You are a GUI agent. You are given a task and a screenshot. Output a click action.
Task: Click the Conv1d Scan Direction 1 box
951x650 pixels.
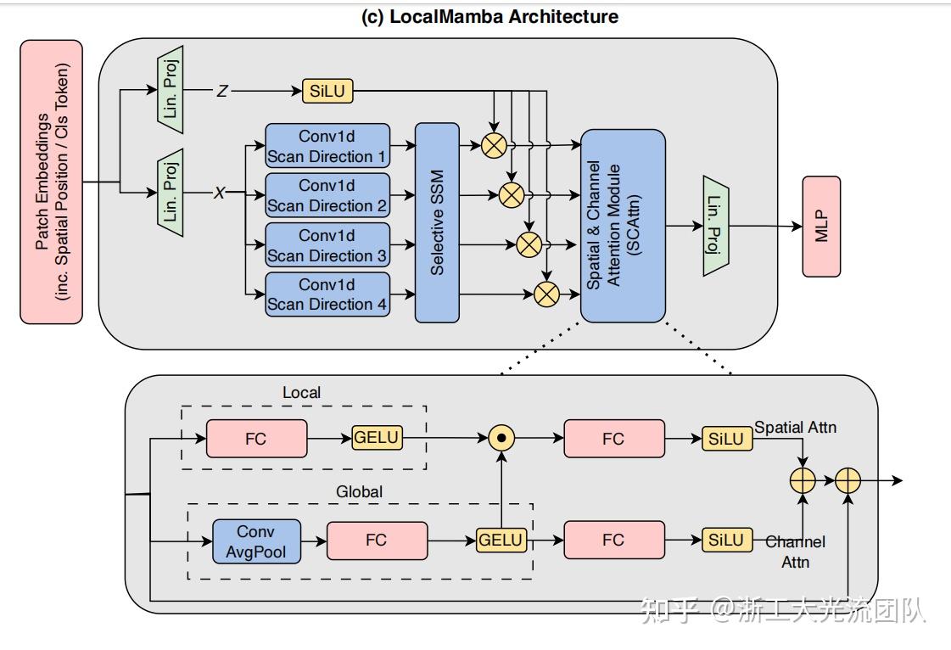pyautogui.click(x=327, y=146)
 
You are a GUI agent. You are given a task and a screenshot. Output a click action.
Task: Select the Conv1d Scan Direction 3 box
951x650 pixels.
pyautogui.click(x=327, y=245)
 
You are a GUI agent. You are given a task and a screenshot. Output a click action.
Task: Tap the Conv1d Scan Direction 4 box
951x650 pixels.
pyautogui.click(x=327, y=294)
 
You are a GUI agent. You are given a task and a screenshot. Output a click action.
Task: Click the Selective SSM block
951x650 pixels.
pyautogui.click(x=437, y=223)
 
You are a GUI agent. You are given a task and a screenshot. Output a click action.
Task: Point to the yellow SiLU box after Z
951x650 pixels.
pyautogui.click(x=327, y=91)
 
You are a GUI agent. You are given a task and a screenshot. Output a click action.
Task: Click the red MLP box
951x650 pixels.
pyautogui.click(x=821, y=227)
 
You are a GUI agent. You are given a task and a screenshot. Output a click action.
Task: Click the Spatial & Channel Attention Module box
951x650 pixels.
pyautogui.click(x=623, y=226)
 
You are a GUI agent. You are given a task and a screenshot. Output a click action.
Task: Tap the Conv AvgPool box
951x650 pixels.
pyautogui.click(x=256, y=541)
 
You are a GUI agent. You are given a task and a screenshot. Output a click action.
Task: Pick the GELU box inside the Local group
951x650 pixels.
pyautogui.click(x=377, y=438)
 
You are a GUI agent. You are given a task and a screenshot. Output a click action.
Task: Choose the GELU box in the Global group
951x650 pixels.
pyautogui.click(x=501, y=540)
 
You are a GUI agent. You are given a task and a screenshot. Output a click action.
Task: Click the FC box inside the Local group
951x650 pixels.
pyautogui.click(x=255, y=439)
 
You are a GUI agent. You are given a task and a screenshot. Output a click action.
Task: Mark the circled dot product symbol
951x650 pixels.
pyautogui.click(x=503, y=438)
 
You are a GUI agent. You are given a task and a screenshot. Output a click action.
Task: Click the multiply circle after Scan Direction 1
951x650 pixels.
pyautogui.click(x=493, y=146)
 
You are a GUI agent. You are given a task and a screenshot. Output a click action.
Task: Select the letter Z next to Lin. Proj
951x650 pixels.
pyautogui.click(x=222, y=91)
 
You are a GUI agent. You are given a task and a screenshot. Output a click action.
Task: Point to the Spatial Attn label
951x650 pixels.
pyautogui.click(x=795, y=427)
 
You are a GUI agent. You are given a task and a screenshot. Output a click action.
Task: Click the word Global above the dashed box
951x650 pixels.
pyautogui.click(x=359, y=491)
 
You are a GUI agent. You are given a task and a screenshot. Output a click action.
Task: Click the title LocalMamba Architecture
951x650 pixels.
pyautogui.click(x=489, y=17)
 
